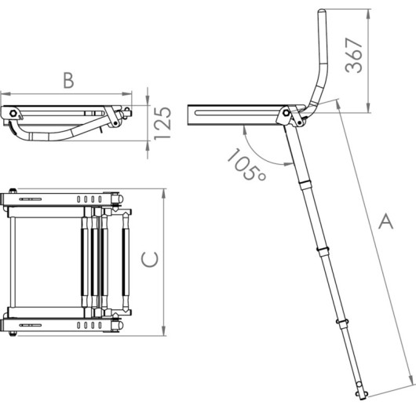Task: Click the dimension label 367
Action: tap(354, 56)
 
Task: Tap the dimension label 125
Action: tap(162, 123)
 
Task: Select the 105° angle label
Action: tap(246, 166)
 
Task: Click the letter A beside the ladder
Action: tap(385, 221)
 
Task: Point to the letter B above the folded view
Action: tap(69, 80)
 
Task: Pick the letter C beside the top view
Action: tap(150, 259)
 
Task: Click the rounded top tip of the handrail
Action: tap(323, 12)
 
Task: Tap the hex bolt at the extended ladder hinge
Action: tap(286, 113)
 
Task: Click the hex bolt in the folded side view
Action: tap(13, 114)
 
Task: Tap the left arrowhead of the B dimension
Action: tap(5, 94)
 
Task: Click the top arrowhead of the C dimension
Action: tap(164, 194)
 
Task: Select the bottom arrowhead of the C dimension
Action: tap(164, 330)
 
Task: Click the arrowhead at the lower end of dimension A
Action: tap(411, 378)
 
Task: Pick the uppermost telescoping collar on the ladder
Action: tap(306, 184)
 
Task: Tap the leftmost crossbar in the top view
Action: tap(13, 262)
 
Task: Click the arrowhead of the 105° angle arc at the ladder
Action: tap(288, 164)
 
